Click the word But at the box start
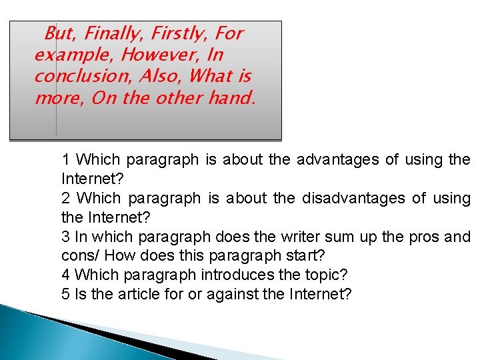coord(57,33)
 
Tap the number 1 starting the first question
coord(65,160)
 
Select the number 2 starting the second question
coord(65,199)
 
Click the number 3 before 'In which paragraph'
coord(65,237)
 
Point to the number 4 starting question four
coord(65,275)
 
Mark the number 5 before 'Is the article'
coord(65,294)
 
